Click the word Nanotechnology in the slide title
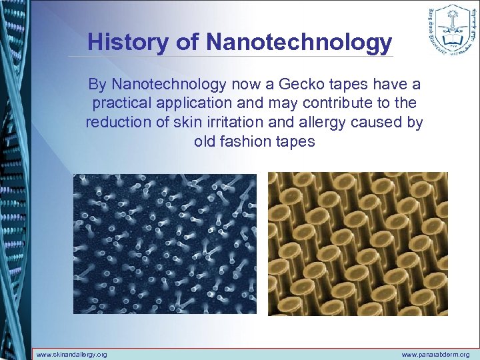tap(299, 42)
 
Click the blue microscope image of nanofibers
tap(164, 243)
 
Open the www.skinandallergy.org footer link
tap(71, 355)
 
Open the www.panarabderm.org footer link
tap(435, 355)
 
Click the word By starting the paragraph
tap(97, 85)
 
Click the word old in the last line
tap(205, 141)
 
